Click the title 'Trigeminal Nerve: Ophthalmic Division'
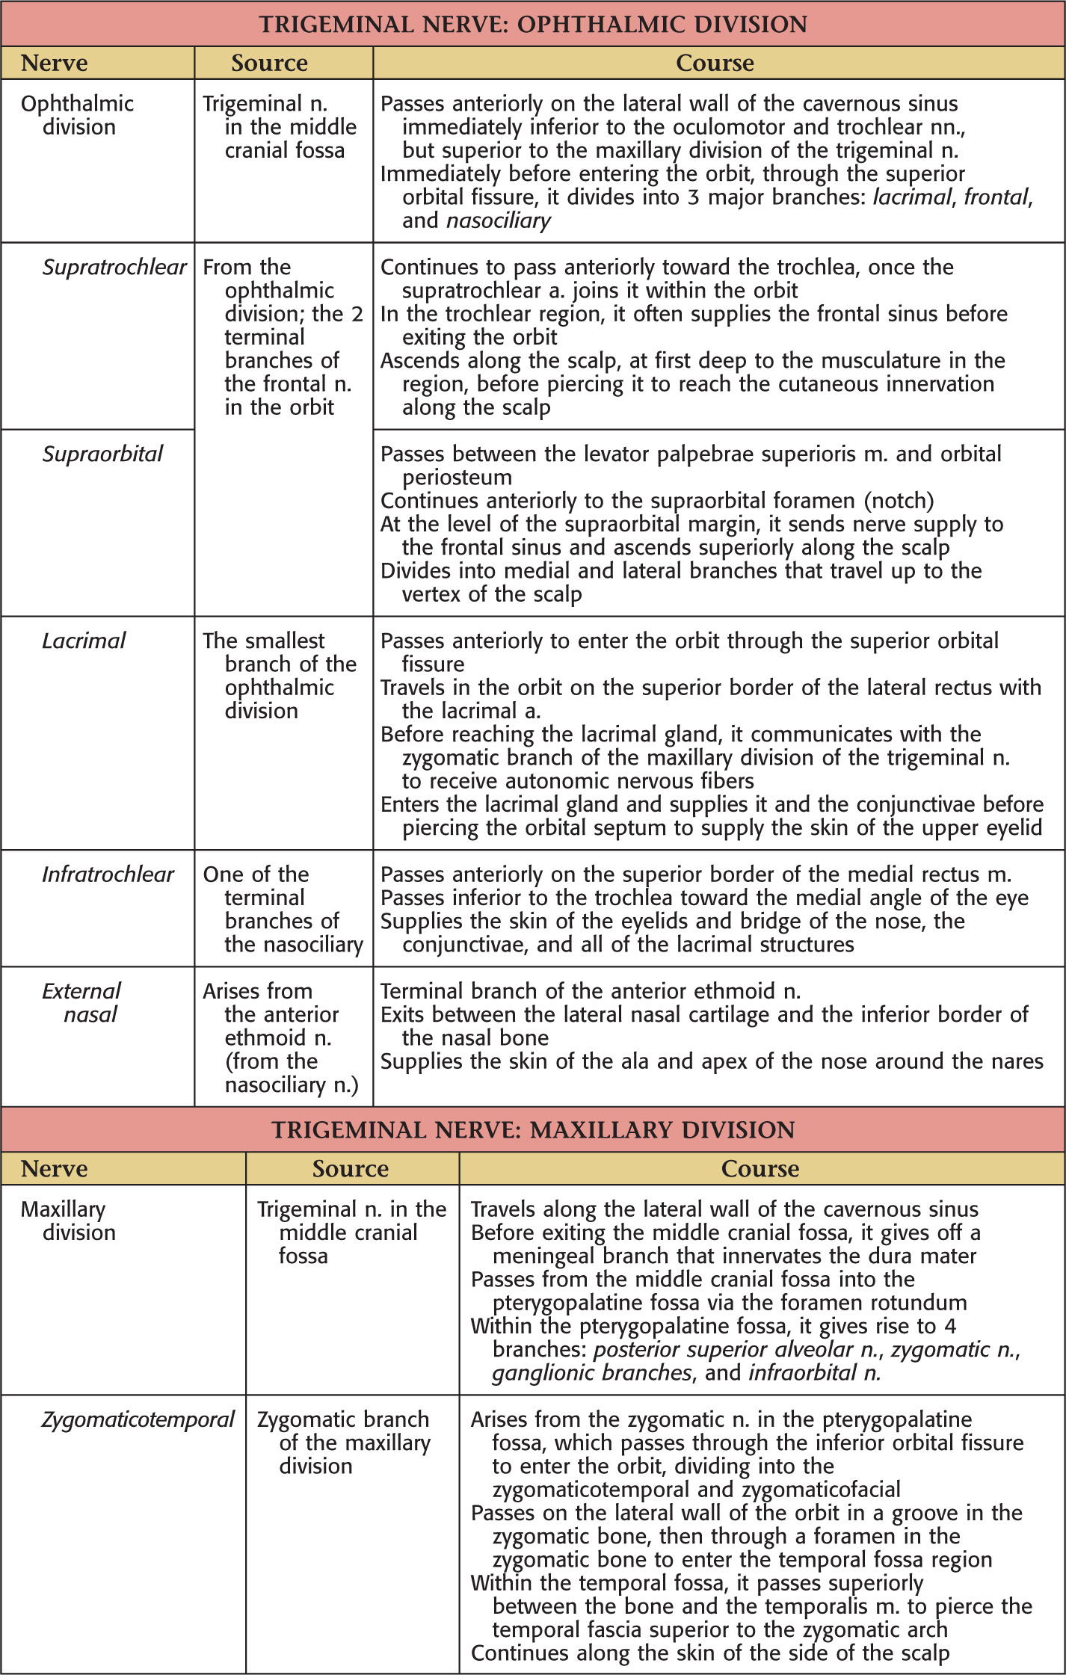533,25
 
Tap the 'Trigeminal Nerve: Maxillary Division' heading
533,1129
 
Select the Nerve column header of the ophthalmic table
54,64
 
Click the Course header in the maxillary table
760,1169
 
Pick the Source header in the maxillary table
351,1169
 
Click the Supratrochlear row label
114,267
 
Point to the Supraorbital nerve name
102,454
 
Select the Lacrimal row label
84,641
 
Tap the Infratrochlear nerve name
108,874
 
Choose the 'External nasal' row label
81,1002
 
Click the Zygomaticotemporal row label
138,1419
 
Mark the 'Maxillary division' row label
68,1221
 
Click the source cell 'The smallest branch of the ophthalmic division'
280,676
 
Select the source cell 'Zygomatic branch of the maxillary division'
344,1443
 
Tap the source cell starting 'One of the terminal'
283,909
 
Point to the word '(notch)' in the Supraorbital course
896,501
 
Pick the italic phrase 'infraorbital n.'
815,1373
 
